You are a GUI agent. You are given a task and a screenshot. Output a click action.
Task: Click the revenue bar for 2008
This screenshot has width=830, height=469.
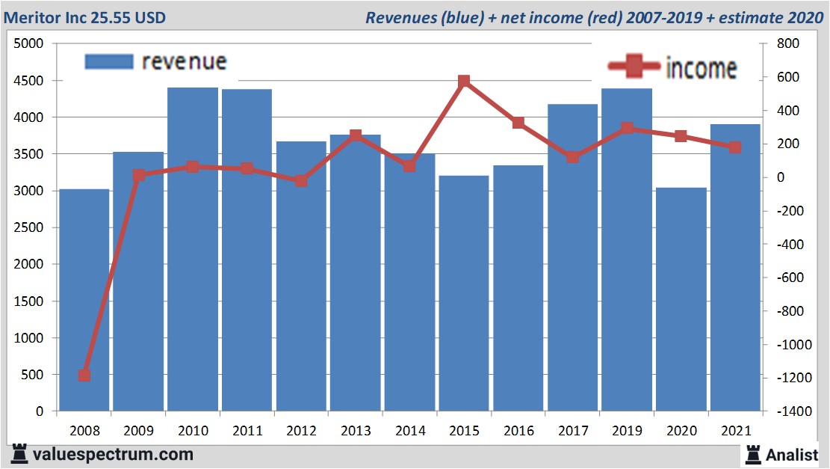point(84,300)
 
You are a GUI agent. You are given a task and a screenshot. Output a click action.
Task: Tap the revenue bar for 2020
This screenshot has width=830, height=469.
point(681,299)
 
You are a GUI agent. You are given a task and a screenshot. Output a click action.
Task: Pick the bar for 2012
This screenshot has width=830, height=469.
point(301,276)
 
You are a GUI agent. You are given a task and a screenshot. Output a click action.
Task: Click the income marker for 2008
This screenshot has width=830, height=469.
point(84,375)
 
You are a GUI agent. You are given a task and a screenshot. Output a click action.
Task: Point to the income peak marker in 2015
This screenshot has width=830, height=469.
point(464,81)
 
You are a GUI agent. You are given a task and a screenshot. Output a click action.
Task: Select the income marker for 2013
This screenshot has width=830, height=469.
point(356,135)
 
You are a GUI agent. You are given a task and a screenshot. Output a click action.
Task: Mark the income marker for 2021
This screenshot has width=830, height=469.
point(735,147)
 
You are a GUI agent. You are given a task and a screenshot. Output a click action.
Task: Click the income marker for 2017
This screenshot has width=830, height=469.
point(572,157)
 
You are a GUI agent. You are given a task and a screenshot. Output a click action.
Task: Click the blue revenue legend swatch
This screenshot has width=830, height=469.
point(109,61)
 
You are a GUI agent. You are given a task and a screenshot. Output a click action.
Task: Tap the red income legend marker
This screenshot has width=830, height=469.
point(634,67)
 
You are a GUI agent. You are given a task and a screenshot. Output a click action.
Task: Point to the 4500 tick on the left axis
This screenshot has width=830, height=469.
point(30,81)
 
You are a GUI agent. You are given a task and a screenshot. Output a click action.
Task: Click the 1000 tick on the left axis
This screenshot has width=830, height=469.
point(30,338)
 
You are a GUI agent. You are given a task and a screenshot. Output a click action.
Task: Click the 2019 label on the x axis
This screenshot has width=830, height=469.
point(627,431)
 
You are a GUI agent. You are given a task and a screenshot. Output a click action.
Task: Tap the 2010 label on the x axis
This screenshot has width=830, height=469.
point(193,431)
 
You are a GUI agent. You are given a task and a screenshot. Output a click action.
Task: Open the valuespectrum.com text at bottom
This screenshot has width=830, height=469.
point(113,454)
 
